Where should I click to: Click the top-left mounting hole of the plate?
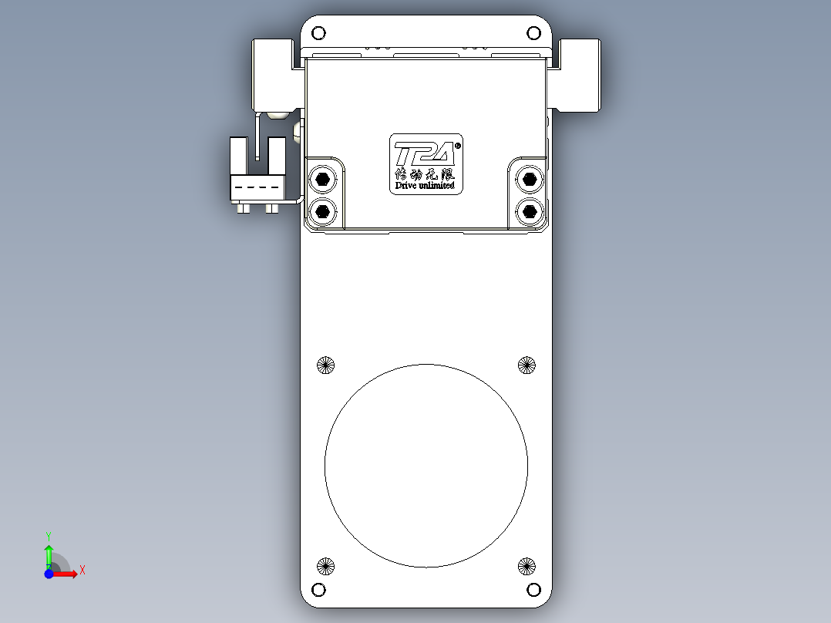pos(318,33)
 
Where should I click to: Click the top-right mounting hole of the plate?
pos(533,33)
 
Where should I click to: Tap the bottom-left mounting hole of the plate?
pos(318,591)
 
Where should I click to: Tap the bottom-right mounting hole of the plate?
pos(533,591)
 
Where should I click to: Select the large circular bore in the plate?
pos(426,466)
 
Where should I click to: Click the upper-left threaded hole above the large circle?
pos(326,365)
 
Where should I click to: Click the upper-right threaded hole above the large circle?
pos(527,365)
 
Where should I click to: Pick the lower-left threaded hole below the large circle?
pos(326,567)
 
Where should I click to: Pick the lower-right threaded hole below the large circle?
pos(527,567)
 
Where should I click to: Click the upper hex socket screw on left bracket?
pos(322,180)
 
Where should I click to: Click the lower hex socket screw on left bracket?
pos(322,210)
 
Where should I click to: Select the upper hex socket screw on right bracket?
pos(529,180)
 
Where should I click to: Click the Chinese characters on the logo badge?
pos(425,174)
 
